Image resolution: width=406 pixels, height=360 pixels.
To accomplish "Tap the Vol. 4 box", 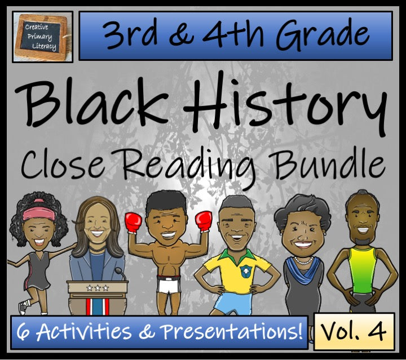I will point(355,331).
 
